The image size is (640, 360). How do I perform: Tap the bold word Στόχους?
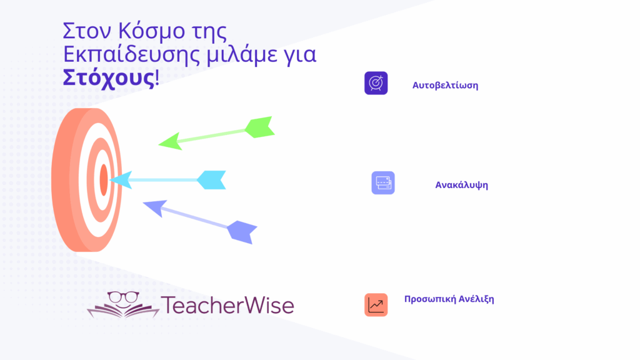tap(109, 77)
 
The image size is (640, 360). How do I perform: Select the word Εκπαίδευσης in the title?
tap(131, 55)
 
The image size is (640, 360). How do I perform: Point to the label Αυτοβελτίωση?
tap(445, 85)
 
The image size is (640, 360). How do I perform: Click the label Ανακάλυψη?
tap(462, 185)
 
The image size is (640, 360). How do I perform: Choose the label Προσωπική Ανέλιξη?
tap(449, 299)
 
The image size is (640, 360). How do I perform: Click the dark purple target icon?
tap(376, 83)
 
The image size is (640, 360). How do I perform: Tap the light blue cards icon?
tap(383, 183)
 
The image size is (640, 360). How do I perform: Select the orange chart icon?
tap(376, 305)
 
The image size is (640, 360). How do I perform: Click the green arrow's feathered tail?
tap(259, 127)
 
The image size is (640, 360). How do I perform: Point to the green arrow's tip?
tap(159, 144)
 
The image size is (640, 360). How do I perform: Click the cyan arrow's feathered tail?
tap(211, 180)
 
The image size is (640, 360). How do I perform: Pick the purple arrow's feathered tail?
tap(242, 232)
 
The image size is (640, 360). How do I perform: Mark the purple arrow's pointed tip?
tap(143, 203)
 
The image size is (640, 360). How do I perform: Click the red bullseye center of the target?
tap(104, 180)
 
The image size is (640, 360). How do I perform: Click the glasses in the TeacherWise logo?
tap(123, 296)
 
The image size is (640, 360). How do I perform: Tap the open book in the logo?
tap(123, 310)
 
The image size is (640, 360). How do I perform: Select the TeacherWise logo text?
tap(227, 305)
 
